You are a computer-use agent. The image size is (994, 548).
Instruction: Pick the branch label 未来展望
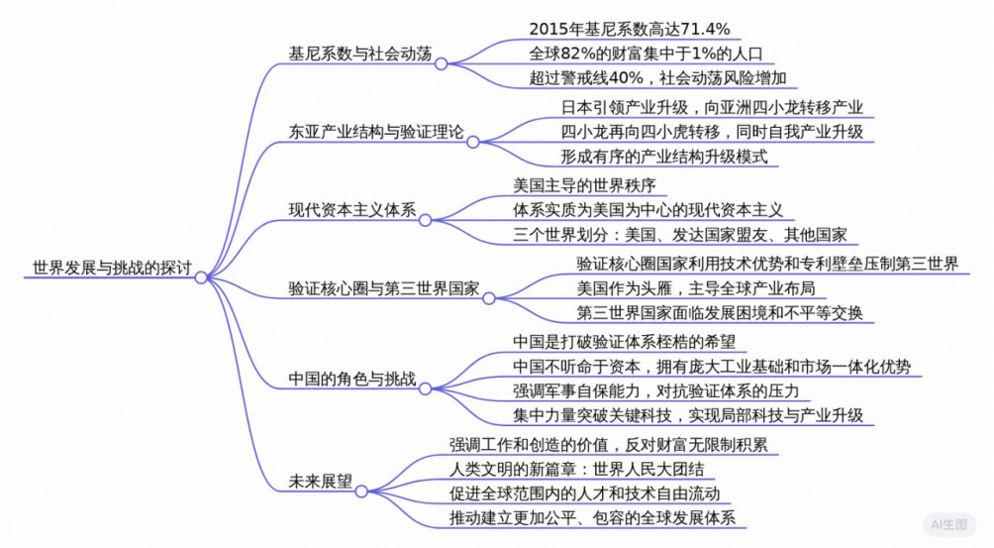point(320,481)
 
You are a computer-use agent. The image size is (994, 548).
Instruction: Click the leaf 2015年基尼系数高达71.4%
point(630,29)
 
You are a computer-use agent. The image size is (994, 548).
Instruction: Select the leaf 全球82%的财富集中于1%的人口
point(646,54)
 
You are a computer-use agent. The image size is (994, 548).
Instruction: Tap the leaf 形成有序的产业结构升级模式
point(663,157)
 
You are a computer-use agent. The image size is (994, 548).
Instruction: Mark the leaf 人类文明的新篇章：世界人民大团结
point(577,468)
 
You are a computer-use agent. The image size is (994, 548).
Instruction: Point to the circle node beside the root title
point(201,277)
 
